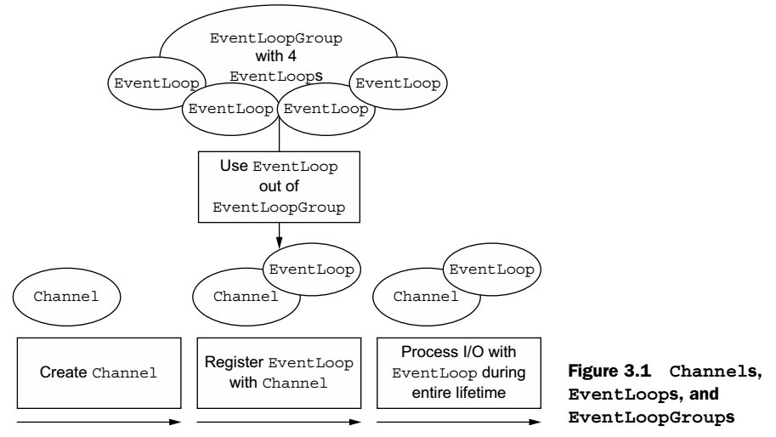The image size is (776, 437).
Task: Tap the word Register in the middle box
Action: pos(232,360)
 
